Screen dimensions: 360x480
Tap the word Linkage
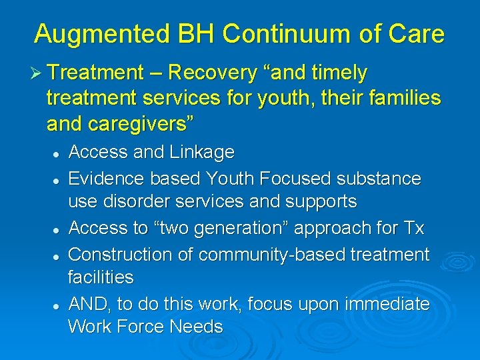pyautogui.click(x=201, y=153)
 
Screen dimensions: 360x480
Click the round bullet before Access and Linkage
pyautogui.click(x=57, y=153)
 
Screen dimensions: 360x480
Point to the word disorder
pyautogui.click(x=135, y=201)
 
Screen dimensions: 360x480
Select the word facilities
pyautogui.click(x=101, y=277)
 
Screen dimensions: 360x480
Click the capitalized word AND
pyautogui.click(x=90, y=304)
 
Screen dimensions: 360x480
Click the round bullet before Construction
pyautogui.click(x=57, y=255)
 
